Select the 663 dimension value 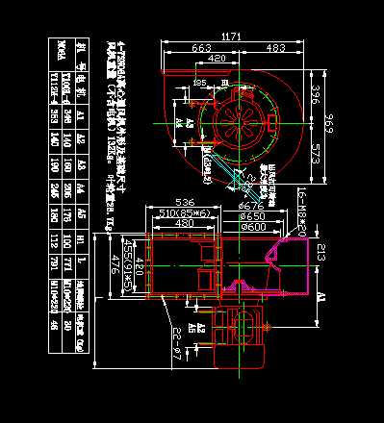[202, 48]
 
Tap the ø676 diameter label [251, 206]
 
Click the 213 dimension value [320, 253]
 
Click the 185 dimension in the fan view [198, 83]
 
